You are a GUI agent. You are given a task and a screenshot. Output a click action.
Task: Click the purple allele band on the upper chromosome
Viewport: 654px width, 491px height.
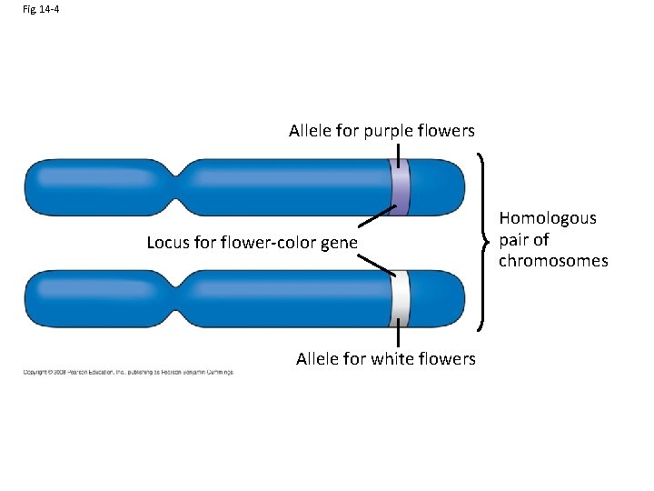[x=400, y=188]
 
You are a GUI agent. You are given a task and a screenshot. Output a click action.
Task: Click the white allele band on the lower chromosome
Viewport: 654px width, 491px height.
[x=400, y=298]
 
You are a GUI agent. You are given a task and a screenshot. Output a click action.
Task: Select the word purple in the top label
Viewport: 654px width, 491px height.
[x=389, y=131]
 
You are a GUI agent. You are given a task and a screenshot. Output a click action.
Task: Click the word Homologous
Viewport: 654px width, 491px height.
[x=548, y=218]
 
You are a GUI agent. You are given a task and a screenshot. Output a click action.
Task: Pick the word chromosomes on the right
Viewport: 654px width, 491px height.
[x=553, y=262]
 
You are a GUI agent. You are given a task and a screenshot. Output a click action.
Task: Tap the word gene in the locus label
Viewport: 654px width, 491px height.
[x=340, y=243]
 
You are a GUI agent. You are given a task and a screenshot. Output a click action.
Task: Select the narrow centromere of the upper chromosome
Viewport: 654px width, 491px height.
[x=183, y=187]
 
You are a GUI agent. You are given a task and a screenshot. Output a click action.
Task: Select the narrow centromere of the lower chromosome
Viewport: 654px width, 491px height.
[x=183, y=297]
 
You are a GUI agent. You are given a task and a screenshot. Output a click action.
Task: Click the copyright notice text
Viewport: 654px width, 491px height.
[x=128, y=372]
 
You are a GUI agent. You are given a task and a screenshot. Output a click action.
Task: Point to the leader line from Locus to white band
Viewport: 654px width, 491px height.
[x=375, y=265]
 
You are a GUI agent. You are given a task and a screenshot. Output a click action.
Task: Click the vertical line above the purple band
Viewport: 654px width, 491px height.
[x=400, y=152]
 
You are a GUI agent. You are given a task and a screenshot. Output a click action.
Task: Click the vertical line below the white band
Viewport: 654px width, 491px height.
[x=400, y=336]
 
